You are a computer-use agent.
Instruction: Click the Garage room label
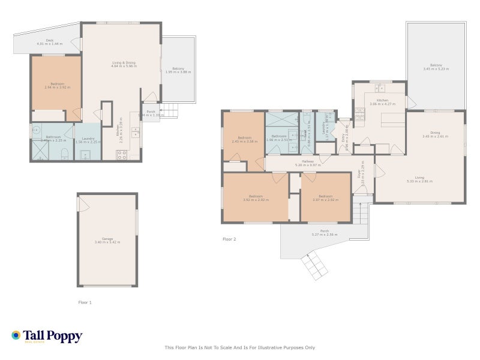(x=107, y=240)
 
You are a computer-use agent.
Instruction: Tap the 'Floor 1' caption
(x=85, y=302)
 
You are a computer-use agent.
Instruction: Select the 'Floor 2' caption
(x=229, y=239)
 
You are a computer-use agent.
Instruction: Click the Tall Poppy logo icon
(x=16, y=335)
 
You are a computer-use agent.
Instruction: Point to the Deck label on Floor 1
(x=49, y=43)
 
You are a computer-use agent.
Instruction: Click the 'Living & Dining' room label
(x=123, y=64)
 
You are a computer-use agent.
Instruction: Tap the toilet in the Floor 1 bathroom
(x=64, y=152)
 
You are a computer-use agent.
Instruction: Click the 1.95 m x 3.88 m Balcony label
(x=178, y=70)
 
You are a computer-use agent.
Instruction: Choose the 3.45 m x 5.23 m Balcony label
(x=436, y=67)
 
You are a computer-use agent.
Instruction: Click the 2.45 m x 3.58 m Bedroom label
(x=243, y=139)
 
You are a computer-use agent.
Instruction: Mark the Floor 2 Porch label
(x=325, y=233)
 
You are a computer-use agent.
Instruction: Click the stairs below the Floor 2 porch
(x=314, y=266)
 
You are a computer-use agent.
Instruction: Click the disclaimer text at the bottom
(x=239, y=347)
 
